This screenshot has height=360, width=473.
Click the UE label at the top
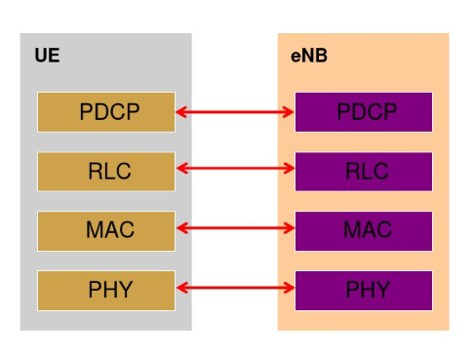click(x=47, y=56)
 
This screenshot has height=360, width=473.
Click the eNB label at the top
click(x=309, y=56)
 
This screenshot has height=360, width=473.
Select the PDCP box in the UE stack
click(x=106, y=112)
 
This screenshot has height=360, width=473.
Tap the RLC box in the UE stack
click(x=106, y=172)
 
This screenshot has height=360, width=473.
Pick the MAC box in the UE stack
click(x=106, y=231)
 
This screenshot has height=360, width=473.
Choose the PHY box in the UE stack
click(x=106, y=290)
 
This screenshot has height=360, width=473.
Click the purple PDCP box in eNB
click(x=364, y=112)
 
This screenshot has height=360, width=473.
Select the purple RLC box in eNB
click(x=364, y=172)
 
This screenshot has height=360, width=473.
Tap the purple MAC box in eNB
click(x=364, y=231)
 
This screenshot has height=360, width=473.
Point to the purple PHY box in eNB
click(x=364, y=290)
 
